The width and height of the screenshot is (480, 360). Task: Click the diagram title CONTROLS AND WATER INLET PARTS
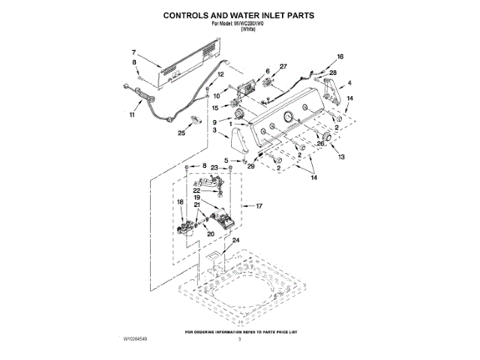(239, 14)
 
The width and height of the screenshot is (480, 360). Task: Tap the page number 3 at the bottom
(239, 340)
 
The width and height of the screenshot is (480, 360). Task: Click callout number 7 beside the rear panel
(133, 52)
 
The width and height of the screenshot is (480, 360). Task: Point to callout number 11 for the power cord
(132, 115)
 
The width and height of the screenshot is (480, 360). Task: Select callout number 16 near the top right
(340, 57)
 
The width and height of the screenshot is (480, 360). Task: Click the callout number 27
(283, 67)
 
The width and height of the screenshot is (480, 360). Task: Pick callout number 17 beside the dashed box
(259, 205)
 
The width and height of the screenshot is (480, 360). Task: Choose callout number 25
(181, 133)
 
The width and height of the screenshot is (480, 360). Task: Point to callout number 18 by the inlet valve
(180, 202)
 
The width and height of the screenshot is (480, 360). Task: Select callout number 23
(214, 167)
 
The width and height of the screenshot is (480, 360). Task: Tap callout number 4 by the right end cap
(349, 83)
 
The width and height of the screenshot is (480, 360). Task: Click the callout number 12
(220, 74)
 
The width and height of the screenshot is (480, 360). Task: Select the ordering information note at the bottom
(239, 331)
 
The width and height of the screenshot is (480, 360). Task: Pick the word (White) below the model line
(239, 28)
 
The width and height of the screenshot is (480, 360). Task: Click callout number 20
(211, 234)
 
